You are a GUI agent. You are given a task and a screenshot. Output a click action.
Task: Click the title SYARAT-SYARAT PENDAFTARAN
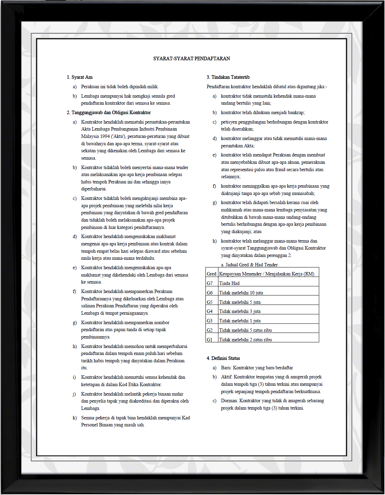pos(191,58)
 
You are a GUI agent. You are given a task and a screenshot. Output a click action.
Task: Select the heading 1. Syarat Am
pos(80,77)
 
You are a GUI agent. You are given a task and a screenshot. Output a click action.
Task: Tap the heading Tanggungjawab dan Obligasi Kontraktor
pos(111,112)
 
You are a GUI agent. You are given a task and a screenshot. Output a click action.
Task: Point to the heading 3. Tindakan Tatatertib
pos(228,77)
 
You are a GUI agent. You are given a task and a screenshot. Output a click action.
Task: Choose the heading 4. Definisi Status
pos(223,358)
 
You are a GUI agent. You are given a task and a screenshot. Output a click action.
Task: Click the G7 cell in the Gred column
pos(210,283)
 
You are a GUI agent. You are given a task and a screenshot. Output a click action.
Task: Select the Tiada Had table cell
pos(229,283)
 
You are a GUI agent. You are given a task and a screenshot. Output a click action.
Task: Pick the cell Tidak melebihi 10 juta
pos(241,293)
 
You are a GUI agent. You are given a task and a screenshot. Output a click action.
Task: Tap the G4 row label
pos(210,311)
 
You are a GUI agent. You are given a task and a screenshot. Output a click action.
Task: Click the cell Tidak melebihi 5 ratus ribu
pos(245,330)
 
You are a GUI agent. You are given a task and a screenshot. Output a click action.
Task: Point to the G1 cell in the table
pos(210,340)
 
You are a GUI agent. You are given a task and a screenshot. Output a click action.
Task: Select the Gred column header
pos(211,274)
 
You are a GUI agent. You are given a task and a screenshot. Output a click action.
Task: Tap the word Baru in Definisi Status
pos(226,368)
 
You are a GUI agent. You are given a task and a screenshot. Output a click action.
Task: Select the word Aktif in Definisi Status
pos(226,377)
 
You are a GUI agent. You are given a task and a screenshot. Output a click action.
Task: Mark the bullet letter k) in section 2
pos(75,418)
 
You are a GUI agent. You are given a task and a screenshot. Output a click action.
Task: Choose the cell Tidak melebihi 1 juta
pos(240,321)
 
